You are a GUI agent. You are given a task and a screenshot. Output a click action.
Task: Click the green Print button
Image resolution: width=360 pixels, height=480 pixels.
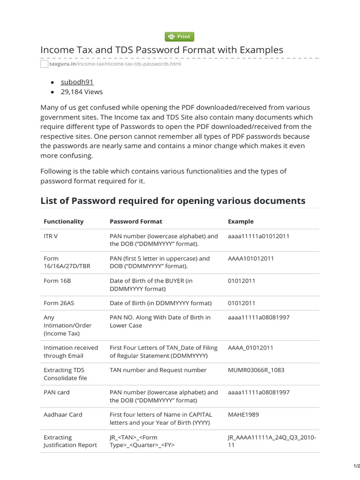180,37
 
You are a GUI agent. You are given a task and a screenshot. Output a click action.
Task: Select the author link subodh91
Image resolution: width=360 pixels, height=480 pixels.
77,82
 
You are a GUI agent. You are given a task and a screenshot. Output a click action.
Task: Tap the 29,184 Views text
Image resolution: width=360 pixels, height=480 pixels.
82,92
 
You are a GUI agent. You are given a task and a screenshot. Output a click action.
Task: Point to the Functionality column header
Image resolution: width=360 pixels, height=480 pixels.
63,221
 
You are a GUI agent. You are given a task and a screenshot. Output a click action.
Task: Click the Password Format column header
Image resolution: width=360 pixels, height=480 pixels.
136,221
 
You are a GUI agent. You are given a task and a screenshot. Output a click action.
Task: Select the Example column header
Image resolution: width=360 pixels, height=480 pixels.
240,221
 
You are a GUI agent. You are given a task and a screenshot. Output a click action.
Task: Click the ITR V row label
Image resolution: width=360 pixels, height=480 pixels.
51,236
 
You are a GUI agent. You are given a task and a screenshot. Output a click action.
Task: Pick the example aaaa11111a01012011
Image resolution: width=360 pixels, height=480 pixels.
258,236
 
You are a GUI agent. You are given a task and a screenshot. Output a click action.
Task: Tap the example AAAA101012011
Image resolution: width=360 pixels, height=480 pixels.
251,258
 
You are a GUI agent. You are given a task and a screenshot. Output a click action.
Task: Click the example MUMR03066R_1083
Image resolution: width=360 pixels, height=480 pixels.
256,370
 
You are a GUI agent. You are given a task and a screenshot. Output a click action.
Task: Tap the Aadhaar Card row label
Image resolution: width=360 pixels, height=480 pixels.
63,414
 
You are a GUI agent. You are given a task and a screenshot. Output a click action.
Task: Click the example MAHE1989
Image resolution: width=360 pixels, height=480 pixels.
243,414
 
